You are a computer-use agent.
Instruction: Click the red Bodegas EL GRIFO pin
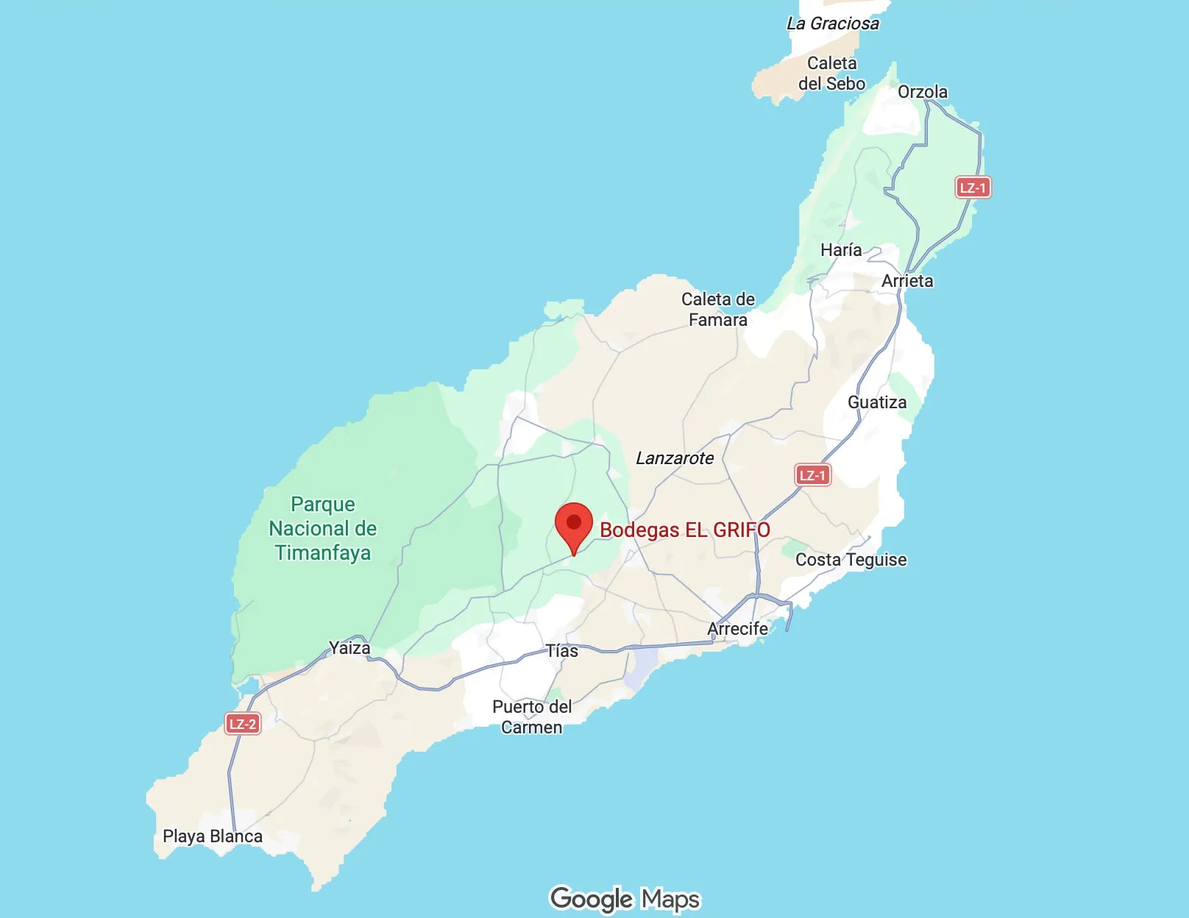coord(573,524)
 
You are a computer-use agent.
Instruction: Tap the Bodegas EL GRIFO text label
coord(684,530)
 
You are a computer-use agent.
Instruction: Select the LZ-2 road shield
coord(242,724)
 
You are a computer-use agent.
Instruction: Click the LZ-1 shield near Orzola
coord(973,188)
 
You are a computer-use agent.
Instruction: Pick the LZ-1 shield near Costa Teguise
coord(813,475)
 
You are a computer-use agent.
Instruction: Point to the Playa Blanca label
coord(212,836)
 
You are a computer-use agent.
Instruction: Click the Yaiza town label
coord(349,648)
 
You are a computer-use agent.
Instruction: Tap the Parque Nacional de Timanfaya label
coord(322,528)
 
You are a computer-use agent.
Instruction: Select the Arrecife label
coord(737,629)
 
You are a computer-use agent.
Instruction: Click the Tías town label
coord(561,651)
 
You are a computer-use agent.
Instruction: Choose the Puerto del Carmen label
coord(531,716)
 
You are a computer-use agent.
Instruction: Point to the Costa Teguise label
coord(851,560)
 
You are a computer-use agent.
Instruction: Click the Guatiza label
coord(876,402)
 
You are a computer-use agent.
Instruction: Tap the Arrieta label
coord(906,281)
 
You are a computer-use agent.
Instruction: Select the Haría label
coord(841,250)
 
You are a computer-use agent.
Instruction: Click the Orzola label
coord(922,92)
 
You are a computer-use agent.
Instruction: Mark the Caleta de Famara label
coord(717,309)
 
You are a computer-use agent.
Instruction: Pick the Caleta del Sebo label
coord(831,74)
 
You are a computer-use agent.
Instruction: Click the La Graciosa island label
coord(832,24)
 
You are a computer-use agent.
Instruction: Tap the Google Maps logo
coord(625,898)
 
